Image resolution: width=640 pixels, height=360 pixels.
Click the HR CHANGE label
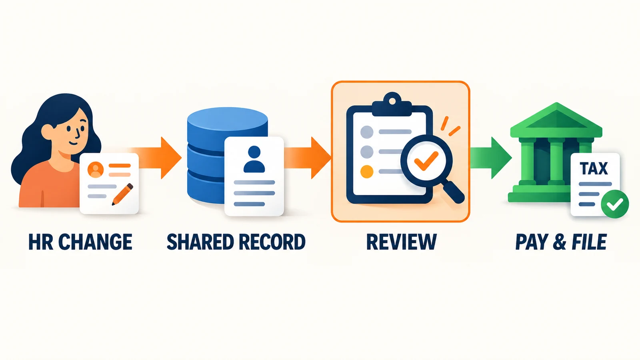[x=80, y=242]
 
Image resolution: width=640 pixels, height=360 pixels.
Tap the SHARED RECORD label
[x=236, y=242]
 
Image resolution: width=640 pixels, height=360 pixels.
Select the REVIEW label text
[x=402, y=242]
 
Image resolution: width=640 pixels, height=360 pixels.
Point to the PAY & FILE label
[x=561, y=242]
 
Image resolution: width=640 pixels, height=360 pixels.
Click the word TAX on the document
[x=594, y=168]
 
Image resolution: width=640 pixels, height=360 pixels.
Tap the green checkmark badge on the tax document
[x=615, y=204]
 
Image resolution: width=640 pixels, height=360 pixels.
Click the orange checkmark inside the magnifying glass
[x=426, y=160]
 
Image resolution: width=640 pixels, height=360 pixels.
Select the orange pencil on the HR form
[x=122, y=194]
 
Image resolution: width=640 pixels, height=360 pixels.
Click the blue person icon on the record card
[x=254, y=159]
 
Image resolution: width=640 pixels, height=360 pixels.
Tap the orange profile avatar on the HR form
[x=96, y=170]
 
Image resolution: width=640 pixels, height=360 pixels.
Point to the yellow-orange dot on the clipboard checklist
[x=367, y=172]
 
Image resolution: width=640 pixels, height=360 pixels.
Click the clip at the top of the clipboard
[x=392, y=105]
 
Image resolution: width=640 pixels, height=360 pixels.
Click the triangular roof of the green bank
[x=556, y=120]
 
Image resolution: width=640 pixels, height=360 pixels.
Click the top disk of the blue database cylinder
[x=228, y=120]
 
